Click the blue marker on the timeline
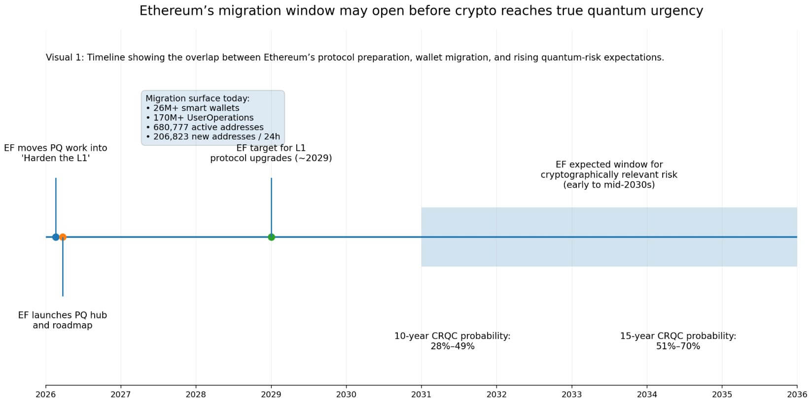(56, 237)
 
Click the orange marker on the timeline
(63, 237)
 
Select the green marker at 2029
(271, 237)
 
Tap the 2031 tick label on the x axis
(421, 395)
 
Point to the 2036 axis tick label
(796, 395)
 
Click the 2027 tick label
(121, 395)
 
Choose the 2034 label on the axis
(647, 395)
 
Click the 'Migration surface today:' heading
(197, 99)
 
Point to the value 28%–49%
(452, 346)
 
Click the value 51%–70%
(678, 346)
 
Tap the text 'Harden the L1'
(56, 158)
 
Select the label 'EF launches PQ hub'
(63, 315)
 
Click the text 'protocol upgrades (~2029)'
(271, 158)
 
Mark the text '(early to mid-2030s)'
(609, 185)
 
